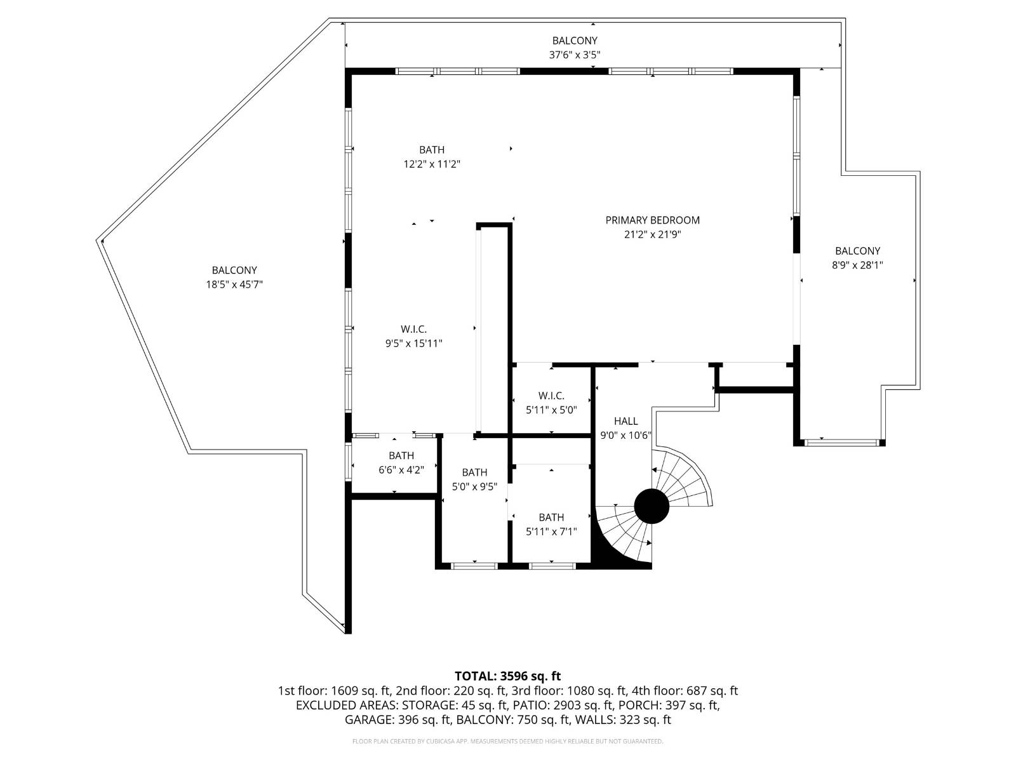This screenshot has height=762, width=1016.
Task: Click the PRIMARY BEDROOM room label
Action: coord(652,220)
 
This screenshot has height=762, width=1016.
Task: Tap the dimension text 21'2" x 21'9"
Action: coord(652,234)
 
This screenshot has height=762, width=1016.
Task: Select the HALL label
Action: coord(626,421)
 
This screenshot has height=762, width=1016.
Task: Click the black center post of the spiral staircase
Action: coord(652,506)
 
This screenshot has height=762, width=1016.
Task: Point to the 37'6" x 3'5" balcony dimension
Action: coord(575,55)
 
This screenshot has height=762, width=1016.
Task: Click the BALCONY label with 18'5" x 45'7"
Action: coord(234,271)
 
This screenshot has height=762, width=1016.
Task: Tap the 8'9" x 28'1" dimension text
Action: coord(857,265)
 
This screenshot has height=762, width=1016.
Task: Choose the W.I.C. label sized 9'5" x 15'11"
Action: coord(414,329)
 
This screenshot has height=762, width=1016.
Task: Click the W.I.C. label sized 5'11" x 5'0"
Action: coord(551,396)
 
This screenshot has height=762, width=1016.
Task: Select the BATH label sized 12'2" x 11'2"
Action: coord(432,150)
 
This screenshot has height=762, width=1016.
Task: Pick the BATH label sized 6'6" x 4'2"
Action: coord(401,456)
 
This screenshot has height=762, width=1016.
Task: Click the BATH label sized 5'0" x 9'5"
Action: coord(474,472)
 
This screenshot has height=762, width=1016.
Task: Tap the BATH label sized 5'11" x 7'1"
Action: coord(551,518)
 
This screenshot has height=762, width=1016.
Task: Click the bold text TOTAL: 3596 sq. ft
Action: coord(508,676)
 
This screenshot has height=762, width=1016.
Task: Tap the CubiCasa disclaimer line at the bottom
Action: coord(508,741)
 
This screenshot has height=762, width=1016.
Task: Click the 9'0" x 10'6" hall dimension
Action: coord(626,436)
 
